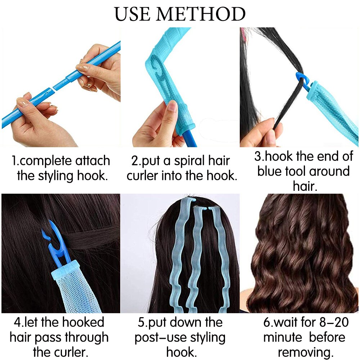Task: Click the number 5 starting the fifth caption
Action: pyautogui.click(x=141, y=322)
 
